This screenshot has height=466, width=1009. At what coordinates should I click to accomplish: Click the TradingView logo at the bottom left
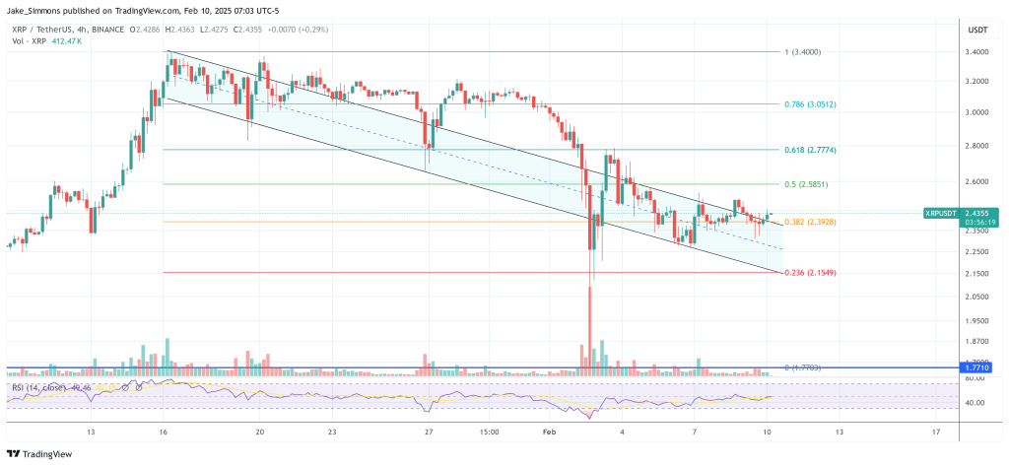(x=37, y=454)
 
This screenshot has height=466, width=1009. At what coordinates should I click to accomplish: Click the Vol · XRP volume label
(x=26, y=41)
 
